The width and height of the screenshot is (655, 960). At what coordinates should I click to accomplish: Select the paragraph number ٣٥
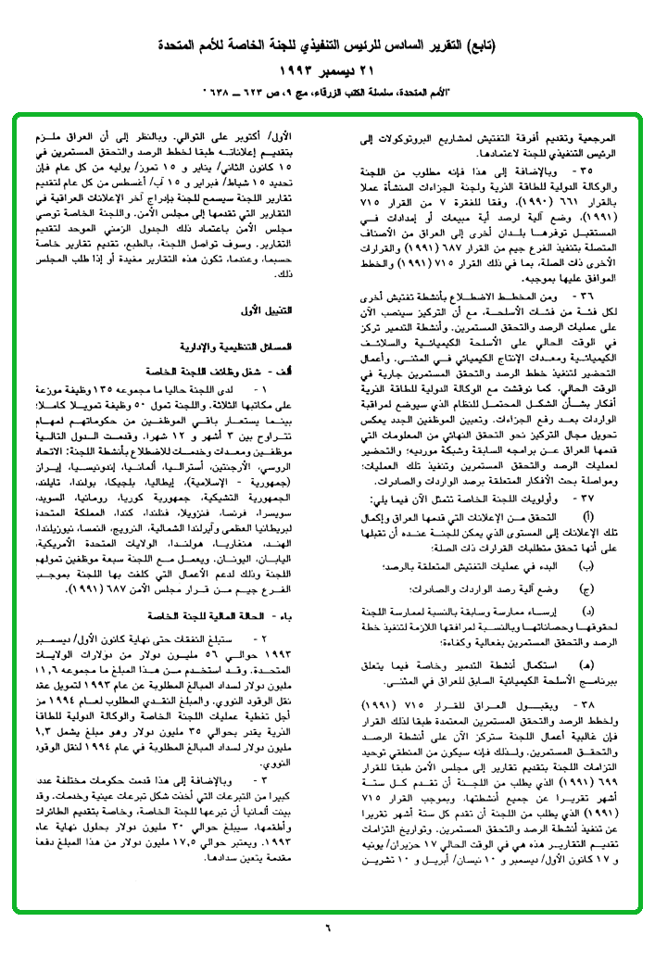coord(585,171)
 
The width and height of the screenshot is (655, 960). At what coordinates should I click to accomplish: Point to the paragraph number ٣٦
coord(585,295)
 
